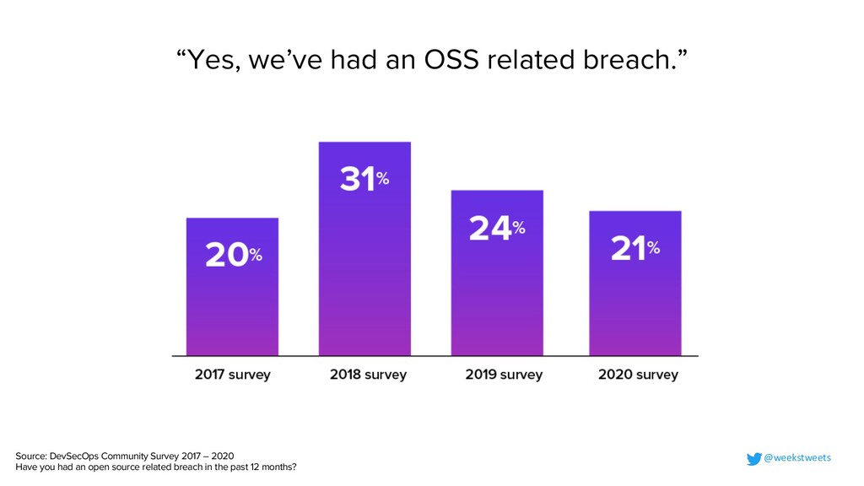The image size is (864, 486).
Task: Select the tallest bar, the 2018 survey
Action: pos(364,270)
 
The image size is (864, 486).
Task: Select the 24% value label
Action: pos(497,229)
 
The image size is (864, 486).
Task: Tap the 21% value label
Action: pos(634,249)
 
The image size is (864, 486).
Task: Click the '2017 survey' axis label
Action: pos(233,375)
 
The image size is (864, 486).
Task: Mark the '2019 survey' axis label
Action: pos(504,375)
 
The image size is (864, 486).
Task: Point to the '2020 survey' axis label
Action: pos(638,375)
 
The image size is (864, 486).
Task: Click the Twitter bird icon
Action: pos(753,458)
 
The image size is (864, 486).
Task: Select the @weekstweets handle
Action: pos(797,458)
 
